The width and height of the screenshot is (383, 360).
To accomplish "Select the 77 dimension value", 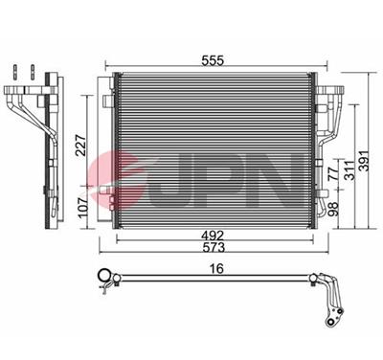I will click(x=334, y=174).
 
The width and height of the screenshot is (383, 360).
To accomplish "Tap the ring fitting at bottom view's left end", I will click(x=104, y=280).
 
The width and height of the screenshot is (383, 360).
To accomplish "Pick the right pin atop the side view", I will click(x=32, y=73).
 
